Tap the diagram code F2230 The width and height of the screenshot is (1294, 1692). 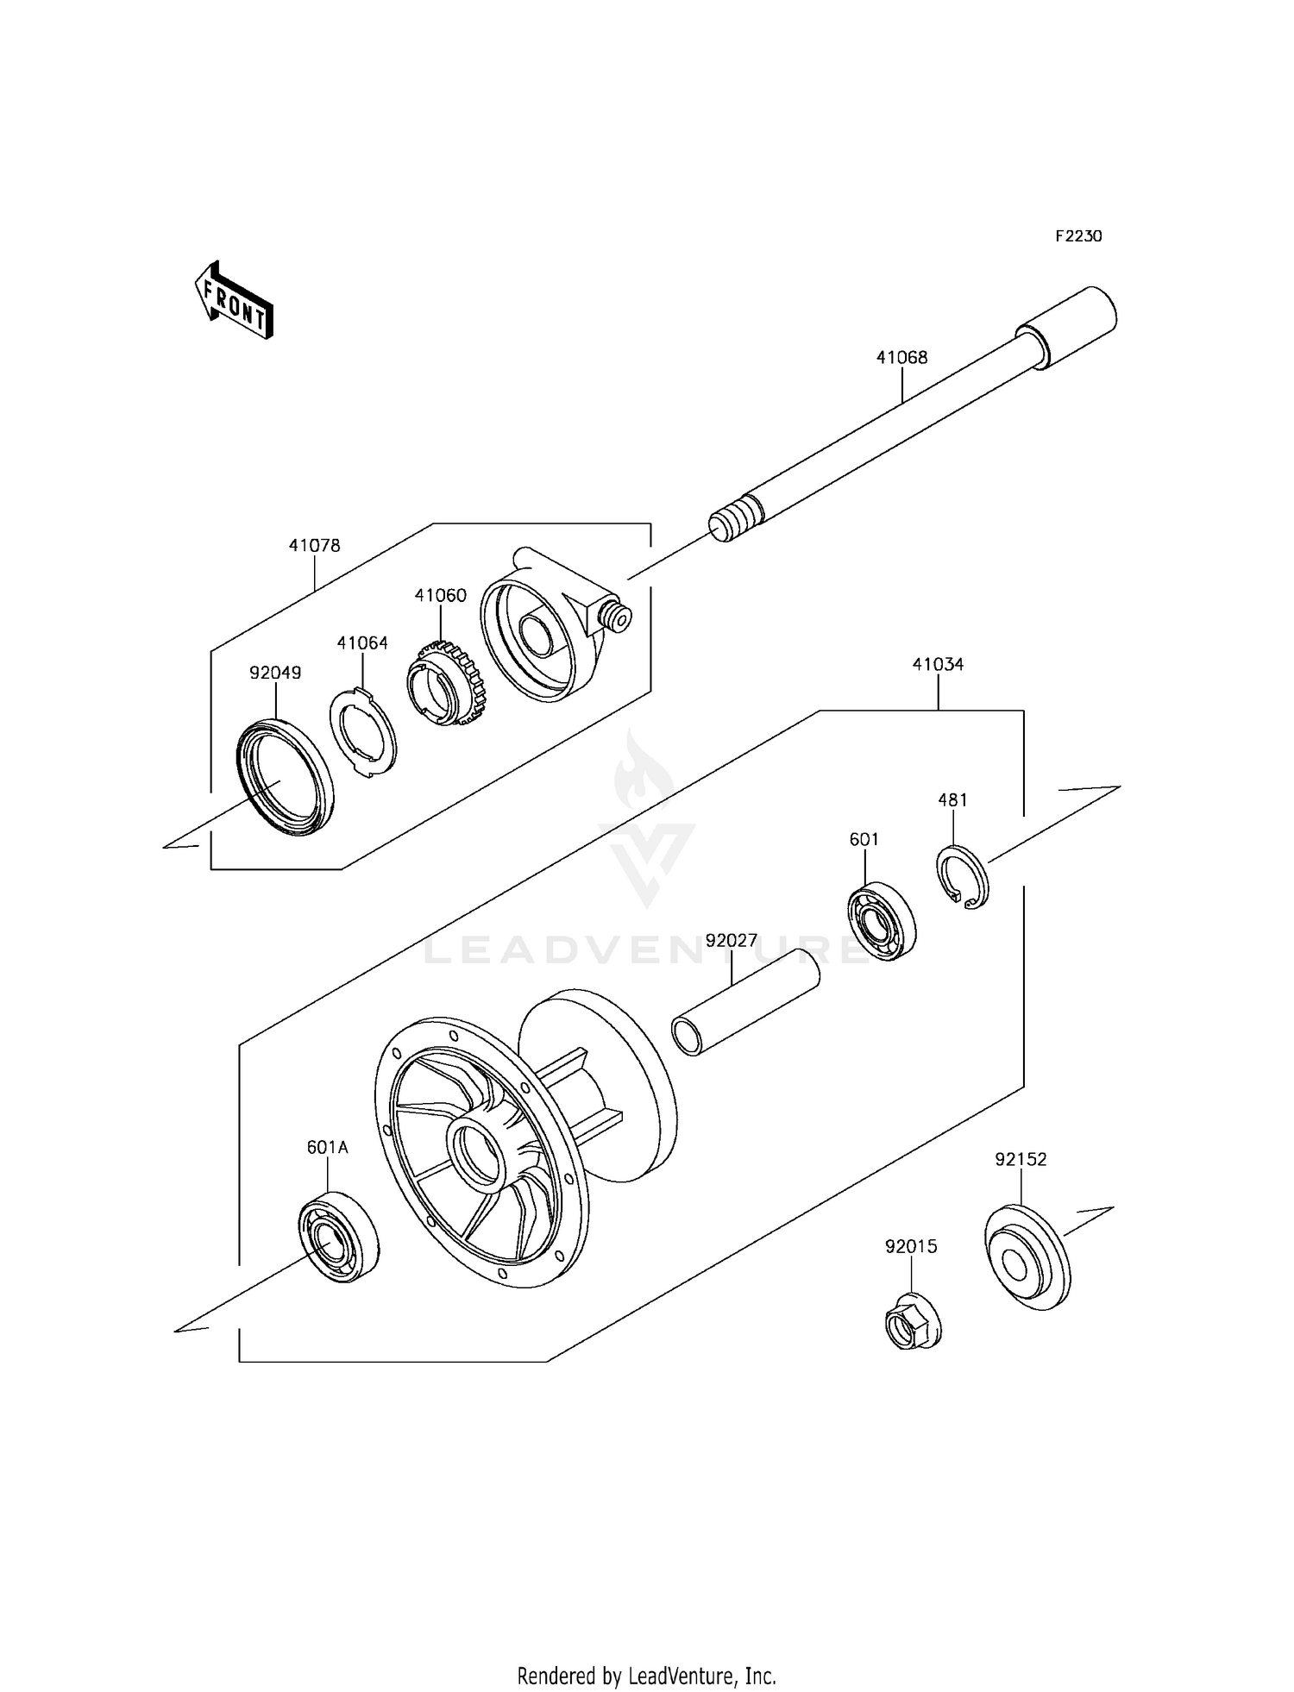tap(1078, 236)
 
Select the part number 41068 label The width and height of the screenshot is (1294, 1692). tap(901, 357)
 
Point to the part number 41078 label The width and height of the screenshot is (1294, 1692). tap(314, 545)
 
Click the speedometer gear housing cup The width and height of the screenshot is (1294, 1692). tap(539, 634)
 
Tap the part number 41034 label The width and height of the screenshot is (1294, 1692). tap(938, 664)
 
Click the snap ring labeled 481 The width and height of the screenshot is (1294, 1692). tap(963, 878)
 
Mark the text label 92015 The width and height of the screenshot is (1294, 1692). tap(910, 1246)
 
